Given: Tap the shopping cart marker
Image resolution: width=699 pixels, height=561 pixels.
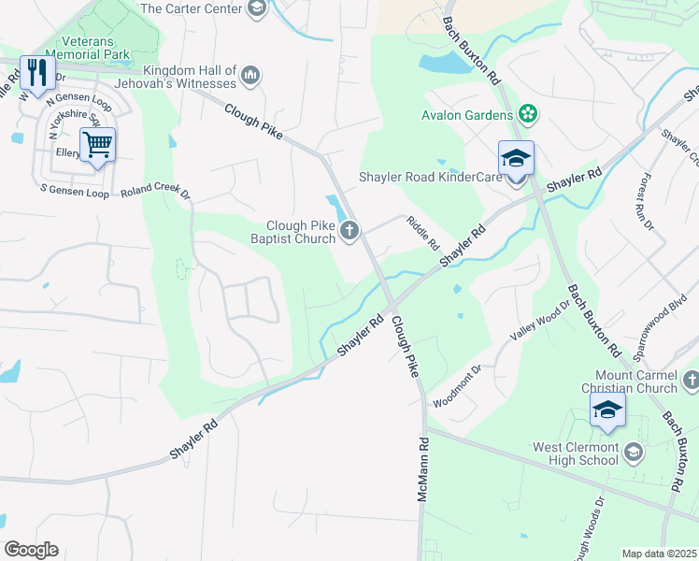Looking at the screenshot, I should point(97,145).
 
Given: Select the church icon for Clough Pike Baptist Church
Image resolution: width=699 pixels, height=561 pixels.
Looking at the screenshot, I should point(349,230).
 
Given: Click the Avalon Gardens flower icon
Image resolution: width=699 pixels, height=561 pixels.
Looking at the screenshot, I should point(528,115).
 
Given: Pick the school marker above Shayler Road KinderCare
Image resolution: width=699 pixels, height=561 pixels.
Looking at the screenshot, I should point(515,158).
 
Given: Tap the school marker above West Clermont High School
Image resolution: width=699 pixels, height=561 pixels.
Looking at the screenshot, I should point(607,410).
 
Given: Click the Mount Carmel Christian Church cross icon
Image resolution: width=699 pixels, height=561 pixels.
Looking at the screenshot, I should point(691,380).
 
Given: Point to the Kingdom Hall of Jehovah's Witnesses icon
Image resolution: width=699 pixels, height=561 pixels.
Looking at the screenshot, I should point(250,74).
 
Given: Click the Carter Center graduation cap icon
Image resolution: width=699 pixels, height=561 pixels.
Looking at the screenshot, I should point(256,9).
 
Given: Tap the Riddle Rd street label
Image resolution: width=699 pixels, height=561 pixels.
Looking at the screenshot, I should point(422,234).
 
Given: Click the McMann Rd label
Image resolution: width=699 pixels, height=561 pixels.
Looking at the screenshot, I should point(423,470).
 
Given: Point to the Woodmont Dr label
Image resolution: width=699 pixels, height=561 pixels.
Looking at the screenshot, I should point(457,386).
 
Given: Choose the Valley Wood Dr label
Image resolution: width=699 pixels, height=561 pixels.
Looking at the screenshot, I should point(539,323).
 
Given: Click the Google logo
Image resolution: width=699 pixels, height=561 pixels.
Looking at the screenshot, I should point(32,550).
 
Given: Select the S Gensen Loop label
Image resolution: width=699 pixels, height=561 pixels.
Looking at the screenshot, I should point(74,191).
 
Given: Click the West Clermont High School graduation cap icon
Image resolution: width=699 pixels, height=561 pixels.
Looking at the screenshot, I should point(635,453).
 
